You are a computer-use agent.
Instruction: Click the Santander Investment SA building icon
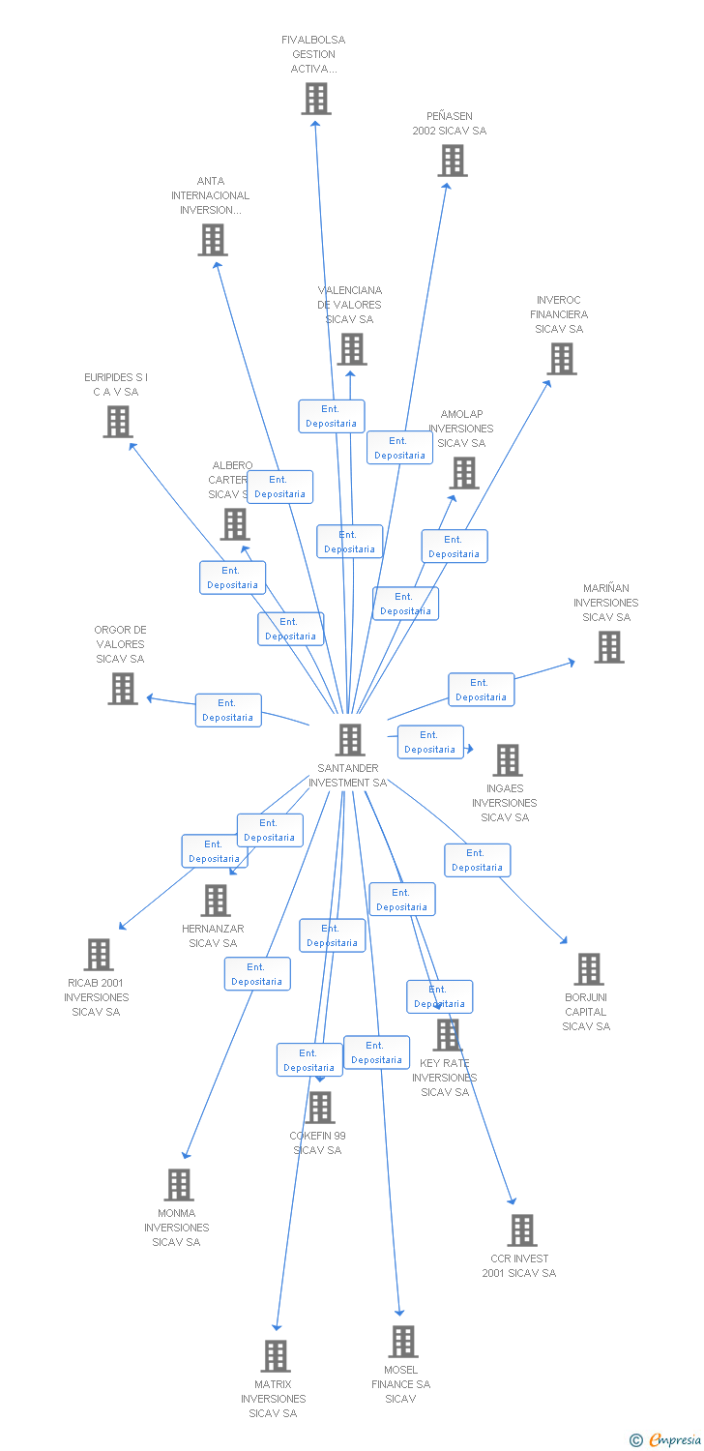point(350,740)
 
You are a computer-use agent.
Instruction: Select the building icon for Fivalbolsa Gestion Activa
point(315,99)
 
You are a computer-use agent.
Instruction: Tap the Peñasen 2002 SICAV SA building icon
point(452,161)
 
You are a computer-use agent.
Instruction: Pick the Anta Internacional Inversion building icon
point(213,240)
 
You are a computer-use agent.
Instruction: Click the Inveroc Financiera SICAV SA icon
point(561,359)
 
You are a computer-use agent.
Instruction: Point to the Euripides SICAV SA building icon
point(118,422)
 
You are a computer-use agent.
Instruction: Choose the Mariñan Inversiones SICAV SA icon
point(608,647)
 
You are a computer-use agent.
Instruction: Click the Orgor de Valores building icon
point(123,689)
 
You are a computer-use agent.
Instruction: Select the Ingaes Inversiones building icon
point(507,760)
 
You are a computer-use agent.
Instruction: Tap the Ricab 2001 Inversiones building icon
point(98,955)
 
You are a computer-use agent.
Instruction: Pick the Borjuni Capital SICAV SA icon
point(588,969)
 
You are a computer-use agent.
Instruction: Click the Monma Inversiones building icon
point(178,1185)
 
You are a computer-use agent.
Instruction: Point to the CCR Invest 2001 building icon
point(521,1230)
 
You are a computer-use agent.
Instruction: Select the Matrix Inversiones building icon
point(276,1356)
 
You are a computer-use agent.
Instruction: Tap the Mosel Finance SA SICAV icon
point(403,1342)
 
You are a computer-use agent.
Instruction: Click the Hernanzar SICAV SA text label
point(213,936)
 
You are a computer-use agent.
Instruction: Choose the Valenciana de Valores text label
point(350,305)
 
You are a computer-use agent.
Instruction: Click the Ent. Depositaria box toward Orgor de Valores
point(228,710)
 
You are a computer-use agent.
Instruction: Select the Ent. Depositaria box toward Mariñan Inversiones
point(481,690)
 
